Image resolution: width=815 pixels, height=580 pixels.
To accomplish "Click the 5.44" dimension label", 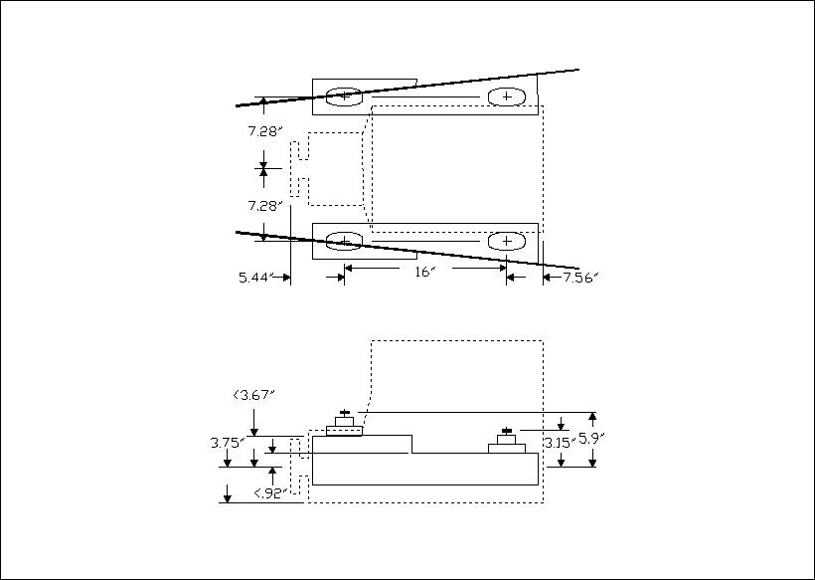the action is click(x=255, y=278).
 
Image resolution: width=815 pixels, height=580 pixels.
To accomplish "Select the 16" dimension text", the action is click(x=424, y=272).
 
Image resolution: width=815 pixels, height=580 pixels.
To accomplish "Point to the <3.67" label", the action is click(x=253, y=395).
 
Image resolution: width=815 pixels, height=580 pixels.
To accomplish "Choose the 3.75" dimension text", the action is click(x=227, y=443).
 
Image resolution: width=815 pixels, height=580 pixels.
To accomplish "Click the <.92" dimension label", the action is click(x=269, y=493).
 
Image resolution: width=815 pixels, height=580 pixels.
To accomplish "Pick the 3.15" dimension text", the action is click(x=559, y=443).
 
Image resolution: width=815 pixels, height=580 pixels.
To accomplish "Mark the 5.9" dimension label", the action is click(x=592, y=439).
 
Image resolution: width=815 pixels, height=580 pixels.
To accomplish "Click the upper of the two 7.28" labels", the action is click(x=264, y=131).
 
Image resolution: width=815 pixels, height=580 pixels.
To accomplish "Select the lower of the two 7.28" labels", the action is click(x=264, y=206).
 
